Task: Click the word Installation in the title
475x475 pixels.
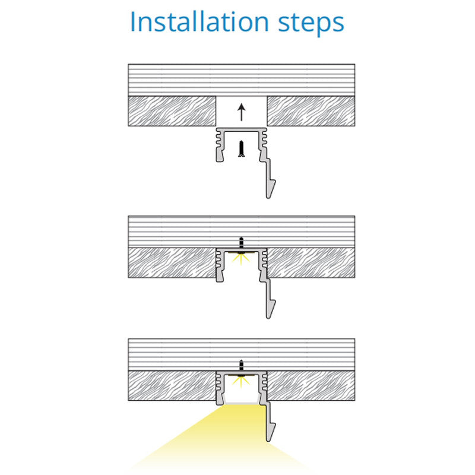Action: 199,22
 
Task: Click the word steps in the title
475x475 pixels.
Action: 311,24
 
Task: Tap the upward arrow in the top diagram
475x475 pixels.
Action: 241,112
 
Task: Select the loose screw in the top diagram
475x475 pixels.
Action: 242,149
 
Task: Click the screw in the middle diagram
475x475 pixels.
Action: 242,245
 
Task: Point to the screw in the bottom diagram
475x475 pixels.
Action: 242,368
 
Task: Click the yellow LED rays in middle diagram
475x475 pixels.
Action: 241,259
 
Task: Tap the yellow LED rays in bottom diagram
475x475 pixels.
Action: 241,382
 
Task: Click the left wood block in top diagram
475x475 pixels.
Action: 172,111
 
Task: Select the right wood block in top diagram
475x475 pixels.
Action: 311,111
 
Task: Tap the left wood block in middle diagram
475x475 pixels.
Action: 172,262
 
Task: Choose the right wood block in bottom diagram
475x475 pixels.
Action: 311,385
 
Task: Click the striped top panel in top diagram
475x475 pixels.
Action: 242,80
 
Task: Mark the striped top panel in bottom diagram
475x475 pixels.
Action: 242,354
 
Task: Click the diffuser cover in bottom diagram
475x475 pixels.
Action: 242,403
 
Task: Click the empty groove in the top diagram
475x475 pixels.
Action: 242,111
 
